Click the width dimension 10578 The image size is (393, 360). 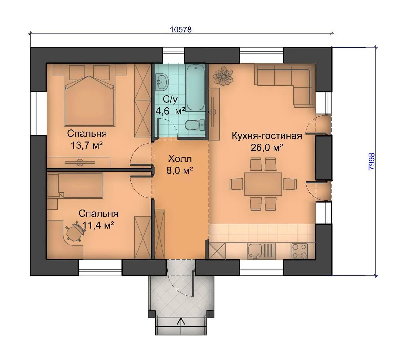click(x=181, y=30)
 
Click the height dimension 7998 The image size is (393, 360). click(x=372, y=161)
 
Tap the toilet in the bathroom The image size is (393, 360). click(x=195, y=124)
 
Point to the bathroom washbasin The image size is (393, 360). click(x=162, y=82)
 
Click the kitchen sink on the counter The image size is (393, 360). click(x=255, y=251)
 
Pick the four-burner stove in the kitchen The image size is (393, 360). click(x=299, y=251)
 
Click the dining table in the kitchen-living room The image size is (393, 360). click(x=263, y=184)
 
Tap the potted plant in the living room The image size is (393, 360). click(x=222, y=75)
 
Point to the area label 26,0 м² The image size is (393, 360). click(x=267, y=148)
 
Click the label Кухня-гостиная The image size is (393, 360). click(x=267, y=136)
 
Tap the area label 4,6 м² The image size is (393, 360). click(x=170, y=111)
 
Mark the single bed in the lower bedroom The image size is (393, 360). click(x=75, y=186)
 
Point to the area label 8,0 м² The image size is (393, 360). click(x=180, y=171)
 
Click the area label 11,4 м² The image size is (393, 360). click(x=98, y=226)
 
